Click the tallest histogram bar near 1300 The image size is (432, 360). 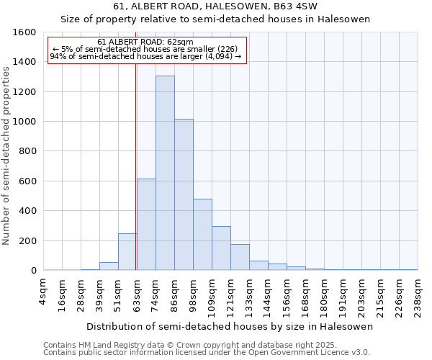pos(165,173)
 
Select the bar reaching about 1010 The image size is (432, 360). pos(184,194)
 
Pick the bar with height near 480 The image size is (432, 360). pos(202,235)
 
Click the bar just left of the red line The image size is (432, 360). pos(127,252)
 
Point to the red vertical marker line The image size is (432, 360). pos(136,158)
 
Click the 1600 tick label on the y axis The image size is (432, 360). pos(24,32)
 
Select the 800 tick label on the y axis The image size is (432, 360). pos(27,151)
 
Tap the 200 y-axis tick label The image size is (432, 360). pos(27,240)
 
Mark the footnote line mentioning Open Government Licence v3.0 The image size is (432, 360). pos(207,353)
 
